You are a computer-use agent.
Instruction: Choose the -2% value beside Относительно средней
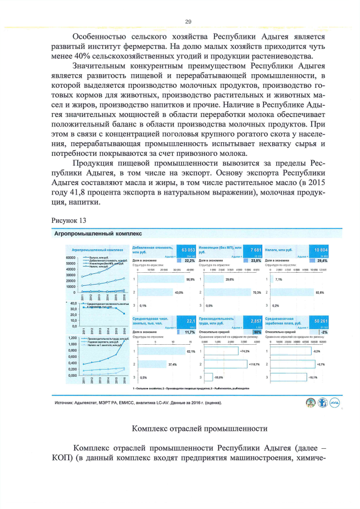[323, 332]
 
